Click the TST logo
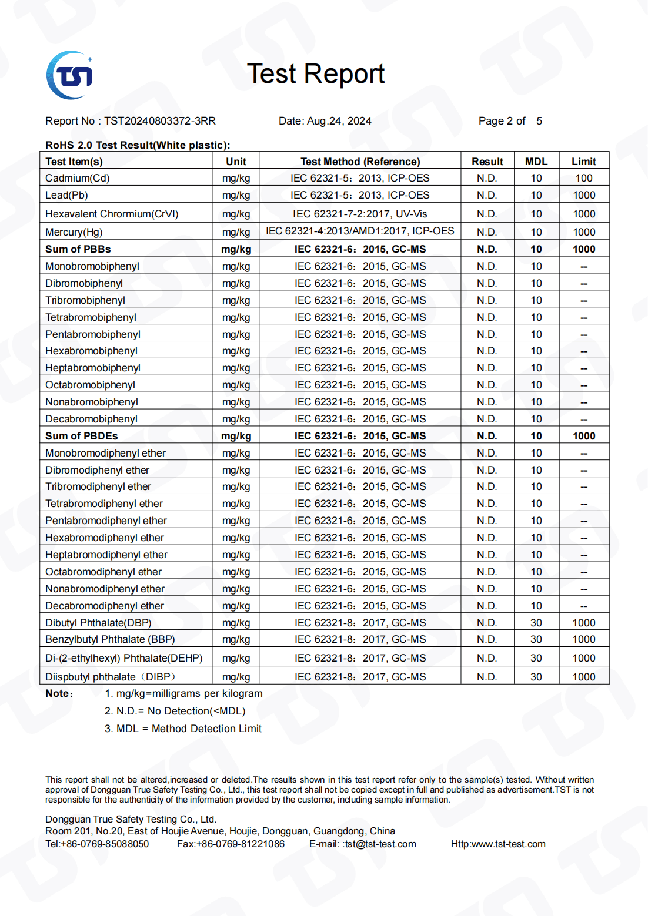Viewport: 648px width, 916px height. [70, 75]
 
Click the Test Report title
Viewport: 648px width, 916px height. [316, 74]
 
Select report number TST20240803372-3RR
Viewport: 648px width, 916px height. [160, 121]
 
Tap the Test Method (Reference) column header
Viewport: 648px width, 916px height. [360, 162]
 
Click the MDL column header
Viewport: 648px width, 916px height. [536, 162]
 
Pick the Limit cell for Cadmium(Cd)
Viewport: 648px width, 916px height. [584, 178]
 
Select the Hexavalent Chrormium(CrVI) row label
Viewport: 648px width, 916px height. [112, 214]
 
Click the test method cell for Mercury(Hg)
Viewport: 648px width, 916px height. [360, 231]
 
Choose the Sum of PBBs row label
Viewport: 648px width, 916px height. [78, 249]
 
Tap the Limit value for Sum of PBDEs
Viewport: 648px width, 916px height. [584, 436]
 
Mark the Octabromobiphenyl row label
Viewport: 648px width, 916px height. [91, 385]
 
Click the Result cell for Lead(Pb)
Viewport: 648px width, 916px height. [487, 195]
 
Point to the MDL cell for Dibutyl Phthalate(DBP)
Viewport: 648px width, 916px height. [536, 623]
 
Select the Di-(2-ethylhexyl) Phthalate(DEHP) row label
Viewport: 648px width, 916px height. [124, 658]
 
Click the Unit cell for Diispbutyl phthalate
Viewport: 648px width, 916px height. [236, 677]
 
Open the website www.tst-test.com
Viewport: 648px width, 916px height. [508, 844]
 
